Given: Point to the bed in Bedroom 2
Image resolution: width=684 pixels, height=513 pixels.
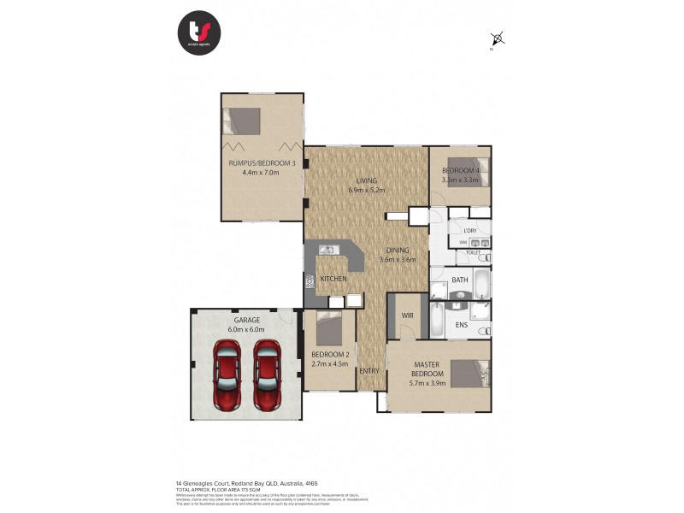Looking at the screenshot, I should tap(329, 327).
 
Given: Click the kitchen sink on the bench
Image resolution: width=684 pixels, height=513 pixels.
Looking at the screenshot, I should tap(327, 250).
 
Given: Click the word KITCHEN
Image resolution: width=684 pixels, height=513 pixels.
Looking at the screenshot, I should tap(333, 280).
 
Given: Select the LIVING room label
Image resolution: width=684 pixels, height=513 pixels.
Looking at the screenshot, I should tap(367, 180).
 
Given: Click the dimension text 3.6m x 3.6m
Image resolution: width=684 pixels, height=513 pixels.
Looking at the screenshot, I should tap(398, 260).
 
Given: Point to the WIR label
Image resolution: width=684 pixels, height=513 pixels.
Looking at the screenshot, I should tap(407, 315).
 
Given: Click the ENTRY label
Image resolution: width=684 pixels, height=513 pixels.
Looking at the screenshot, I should tap(369, 370).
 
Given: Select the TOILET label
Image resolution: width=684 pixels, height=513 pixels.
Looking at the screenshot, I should tap(473, 253).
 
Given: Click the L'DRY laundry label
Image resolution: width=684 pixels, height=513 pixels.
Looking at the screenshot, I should tap(469, 231).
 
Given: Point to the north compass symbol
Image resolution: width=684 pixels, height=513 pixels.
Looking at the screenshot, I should tap(497, 38).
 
